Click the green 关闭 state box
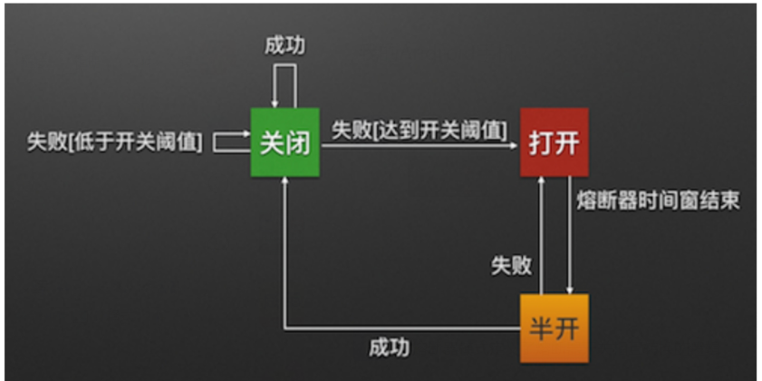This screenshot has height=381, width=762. [x=285, y=143]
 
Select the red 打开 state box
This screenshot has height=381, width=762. [x=555, y=142]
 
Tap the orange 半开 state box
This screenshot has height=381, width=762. [x=555, y=327]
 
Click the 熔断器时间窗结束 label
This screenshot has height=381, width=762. [x=658, y=201]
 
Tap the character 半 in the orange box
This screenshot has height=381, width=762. [x=542, y=328]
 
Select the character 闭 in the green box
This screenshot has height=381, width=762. [x=298, y=143]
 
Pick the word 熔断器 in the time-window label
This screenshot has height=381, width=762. [x=604, y=201]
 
